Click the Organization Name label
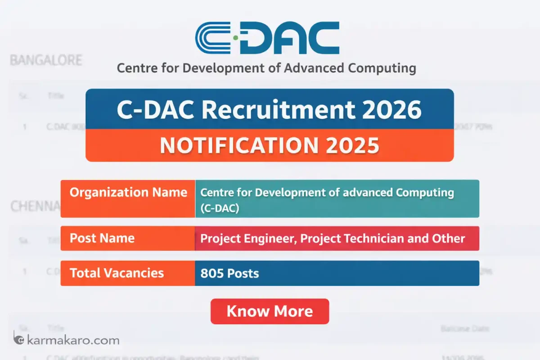pos(128,193)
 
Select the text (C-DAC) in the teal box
pos(220,208)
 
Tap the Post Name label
pos(102,238)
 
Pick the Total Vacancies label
pos(117,273)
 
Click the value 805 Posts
pos(229,273)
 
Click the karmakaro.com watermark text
pos(73,340)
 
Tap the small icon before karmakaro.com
pos(18,338)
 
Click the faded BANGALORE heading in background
pos(46,60)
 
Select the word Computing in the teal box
pos(425,193)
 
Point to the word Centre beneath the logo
pos(135,68)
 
